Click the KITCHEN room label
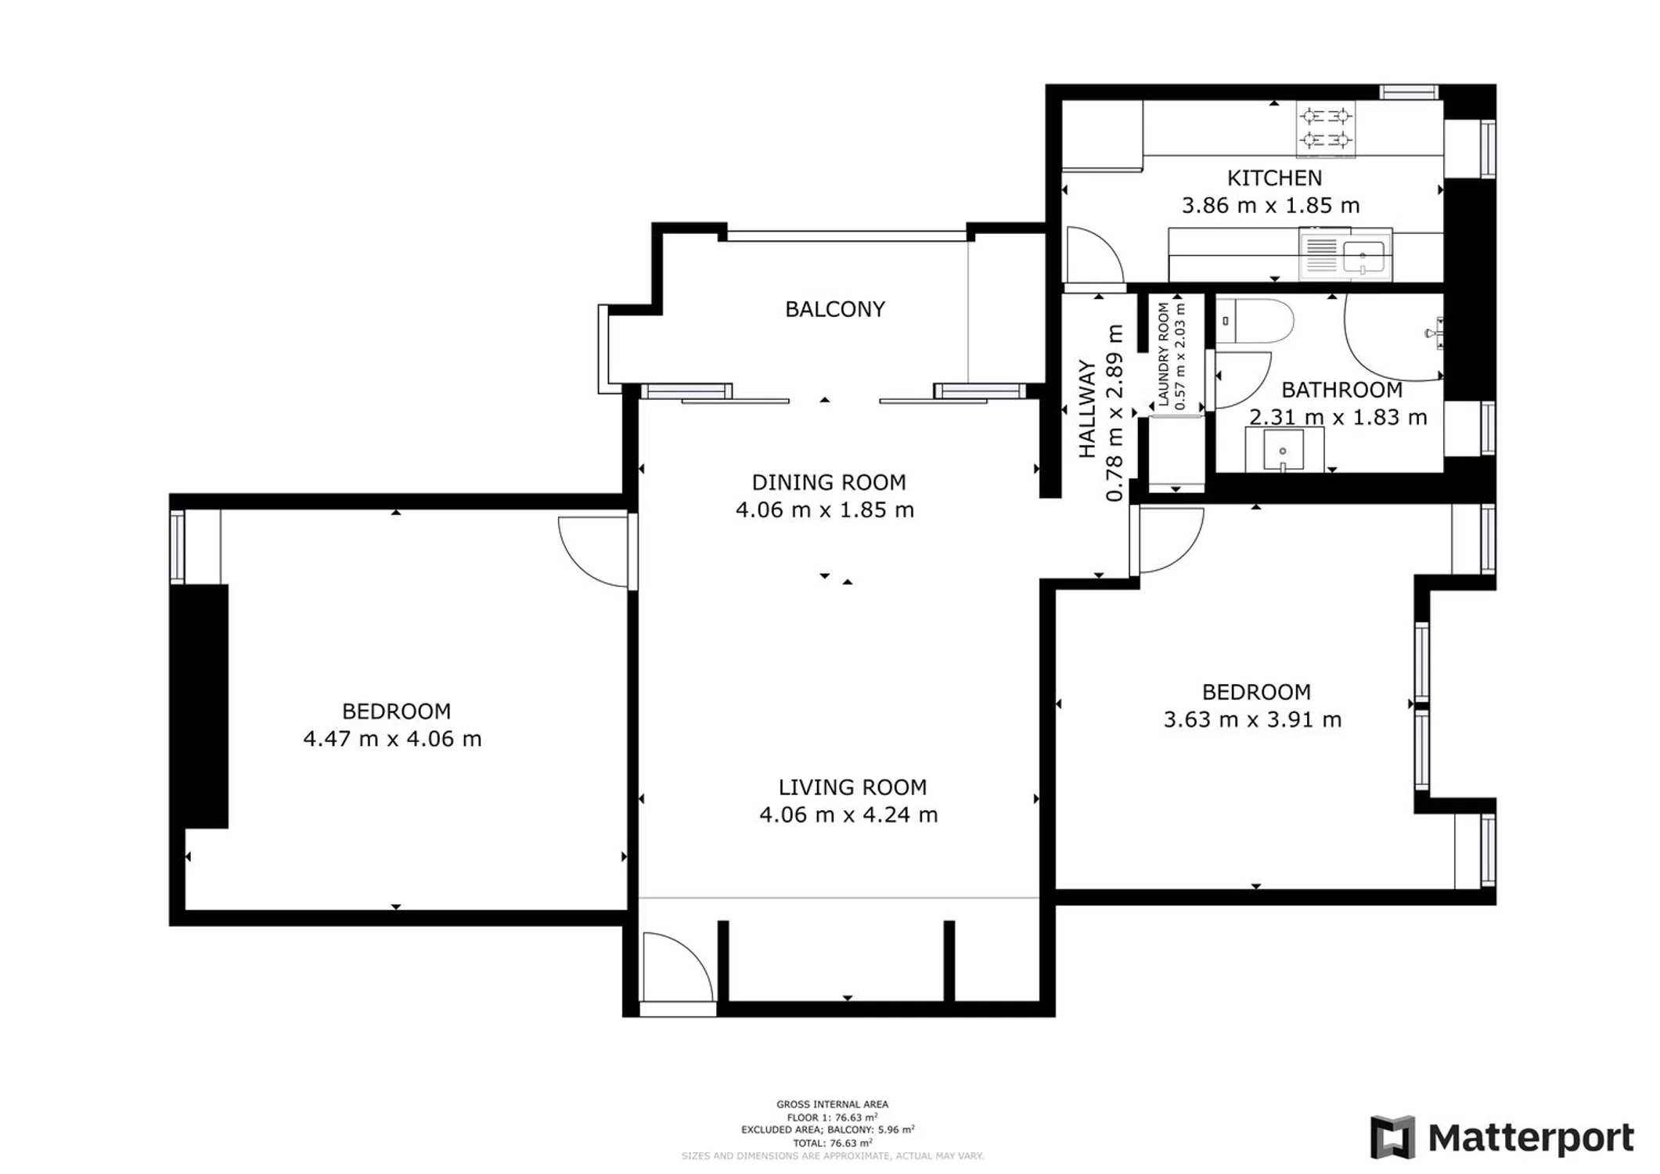pyautogui.click(x=1274, y=178)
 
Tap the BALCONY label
pyautogui.click(x=835, y=309)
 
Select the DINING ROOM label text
pyautogui.click(x=829, y=482)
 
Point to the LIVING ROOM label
pyautogui.click(x=852, y=787)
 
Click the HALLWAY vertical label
pyautogui.click(x=1087, y=409)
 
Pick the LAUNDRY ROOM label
pyautogui.click(x=1164, y=355)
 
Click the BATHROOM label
pyautogui.click(x=1341, y=390)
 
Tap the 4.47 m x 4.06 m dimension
pyautogui.click(x=392, y=739)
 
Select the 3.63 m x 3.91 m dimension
pyautogui.click(x=1252, y=719)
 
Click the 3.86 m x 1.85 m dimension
pyautogui.click(x=1270, y=206)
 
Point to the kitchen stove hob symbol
pyautogui.click(x=1326, y=129)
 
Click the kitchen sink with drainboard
pyautogui.click(x=1345, y=254)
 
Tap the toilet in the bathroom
pyautogui.click(x=1254, y=322)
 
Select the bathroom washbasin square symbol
pyautogui.click(x=1284, y=449)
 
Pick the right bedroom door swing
pyautogui.click(x=1171, y=540)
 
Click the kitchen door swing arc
pyautogui.click(x=1095, y=254)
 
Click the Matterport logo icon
pyautogui.click(x=1393, y=1137)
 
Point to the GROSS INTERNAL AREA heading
pyautogui.click(x=832, y=1104)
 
